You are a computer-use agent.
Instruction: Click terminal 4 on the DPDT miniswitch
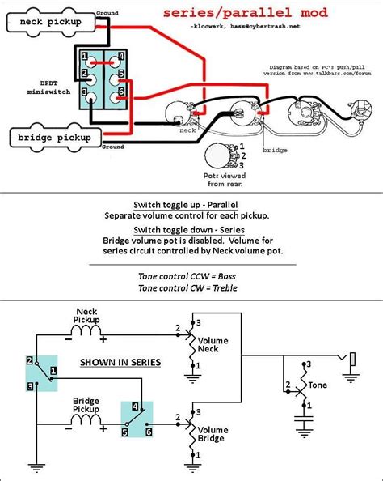120,57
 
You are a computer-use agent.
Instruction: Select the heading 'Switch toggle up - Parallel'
191,205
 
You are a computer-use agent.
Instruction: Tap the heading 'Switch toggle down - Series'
191,230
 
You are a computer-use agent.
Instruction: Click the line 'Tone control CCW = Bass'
191,276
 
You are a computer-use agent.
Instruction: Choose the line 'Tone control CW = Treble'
191,288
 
